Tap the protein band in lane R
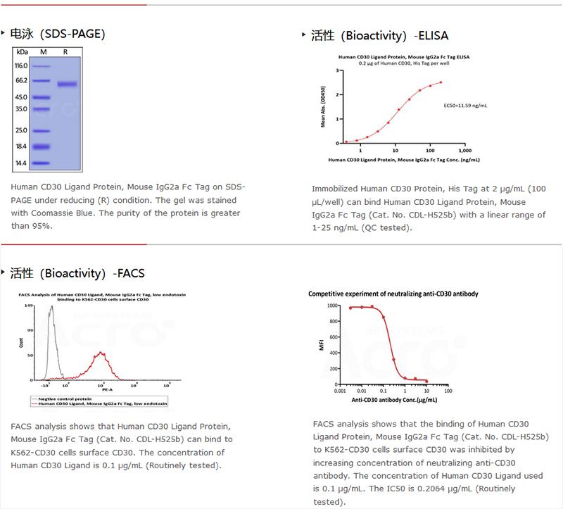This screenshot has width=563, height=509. coord(67,84)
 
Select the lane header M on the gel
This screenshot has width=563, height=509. coord(43,52)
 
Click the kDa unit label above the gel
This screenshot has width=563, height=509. coord(21,52)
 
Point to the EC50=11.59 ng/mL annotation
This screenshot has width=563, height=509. coord(464,105)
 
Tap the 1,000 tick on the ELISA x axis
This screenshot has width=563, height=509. coord(464,151)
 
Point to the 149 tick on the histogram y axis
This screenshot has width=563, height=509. coord(29,306)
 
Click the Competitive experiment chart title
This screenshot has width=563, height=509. coord(393,294)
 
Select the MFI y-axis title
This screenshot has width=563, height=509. coord(322,346)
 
